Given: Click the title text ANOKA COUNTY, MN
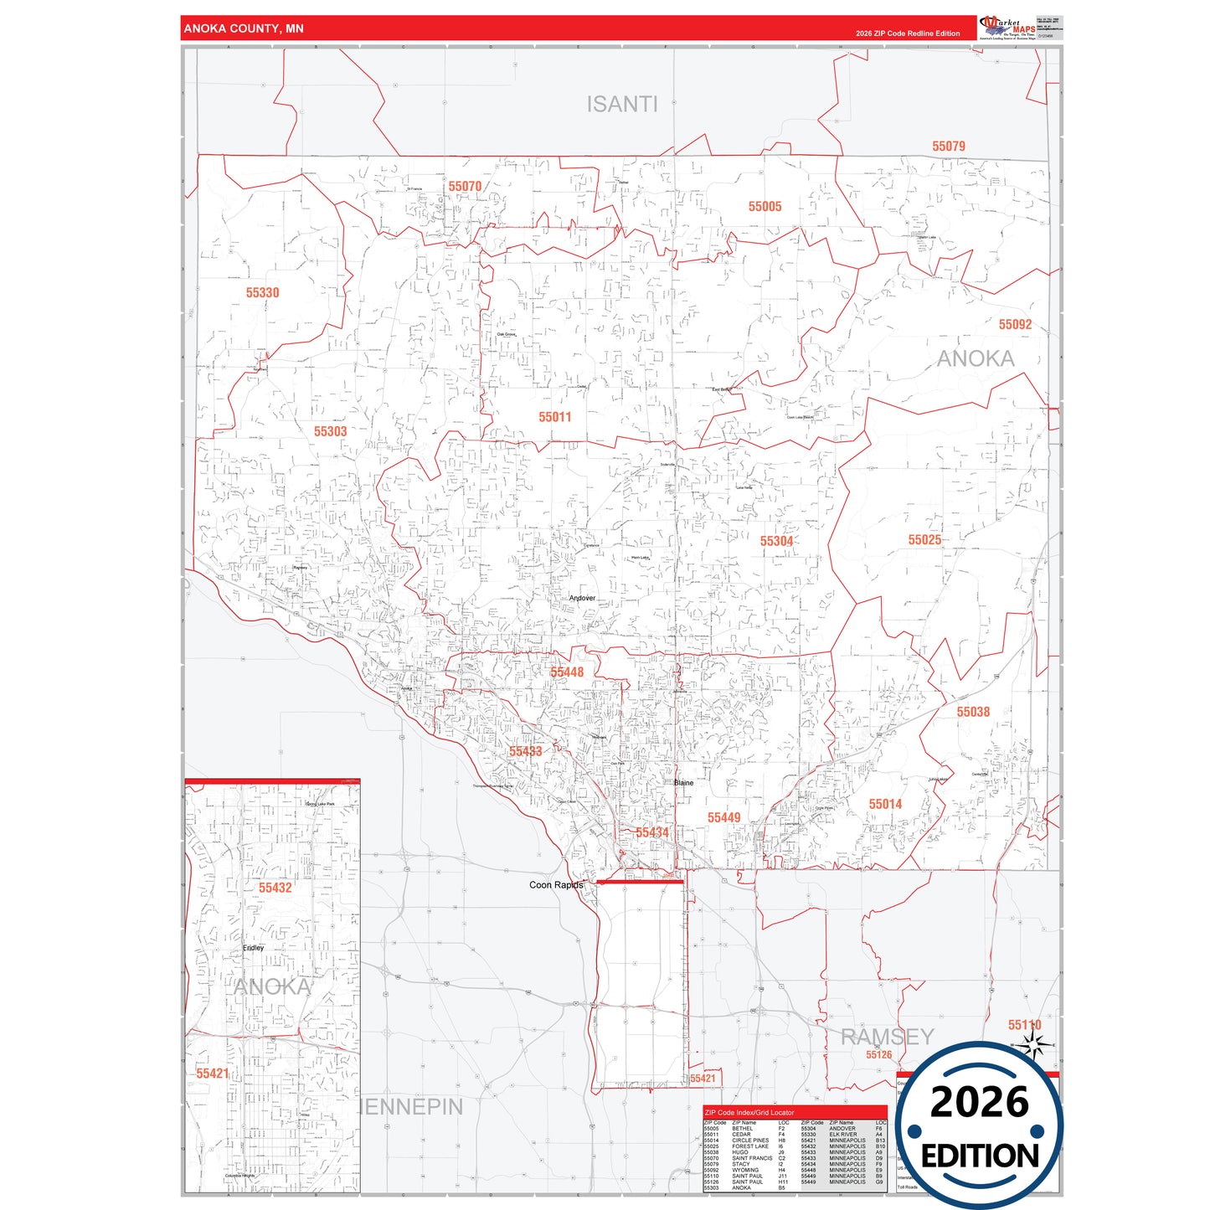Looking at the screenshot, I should (244, 28).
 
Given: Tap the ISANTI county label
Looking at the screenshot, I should (621, 105).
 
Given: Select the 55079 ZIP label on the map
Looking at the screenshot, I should (948, 147).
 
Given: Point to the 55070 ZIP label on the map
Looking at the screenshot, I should (465, 187).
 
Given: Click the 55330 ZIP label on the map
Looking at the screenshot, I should (262, 293).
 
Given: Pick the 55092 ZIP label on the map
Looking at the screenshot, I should (1015, 325).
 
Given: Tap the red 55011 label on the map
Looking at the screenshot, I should (554, 417).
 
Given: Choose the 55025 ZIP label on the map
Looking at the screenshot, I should (924, 540).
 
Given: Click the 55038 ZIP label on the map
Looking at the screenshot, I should (973, 712).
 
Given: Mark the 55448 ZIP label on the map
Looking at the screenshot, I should (567, 672).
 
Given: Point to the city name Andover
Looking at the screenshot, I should (582, 598).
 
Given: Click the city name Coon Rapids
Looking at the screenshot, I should (556, 885).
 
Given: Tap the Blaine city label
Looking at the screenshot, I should (683, 783).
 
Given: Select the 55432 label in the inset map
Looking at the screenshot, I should (275, 888).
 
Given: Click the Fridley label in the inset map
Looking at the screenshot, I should (253, 948).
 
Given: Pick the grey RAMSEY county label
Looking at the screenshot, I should (886, 1037).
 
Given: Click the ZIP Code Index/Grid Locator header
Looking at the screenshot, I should (749, 1113).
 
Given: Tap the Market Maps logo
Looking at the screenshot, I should (1007, 28).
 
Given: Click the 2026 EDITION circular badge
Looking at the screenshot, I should (979, 1125).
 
